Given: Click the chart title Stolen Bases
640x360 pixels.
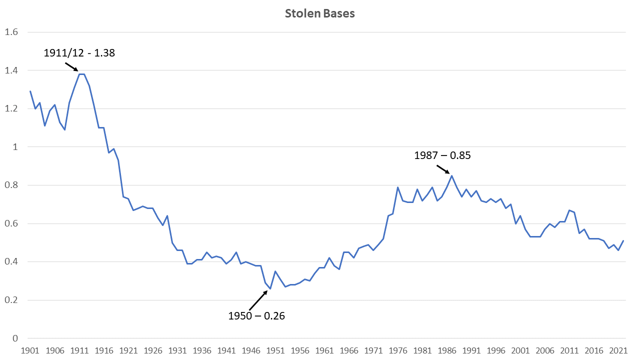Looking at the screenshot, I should coord(320,13).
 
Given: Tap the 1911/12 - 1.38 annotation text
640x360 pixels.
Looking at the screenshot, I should coord(79,52).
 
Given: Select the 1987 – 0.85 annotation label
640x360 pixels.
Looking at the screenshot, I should coord(442,155).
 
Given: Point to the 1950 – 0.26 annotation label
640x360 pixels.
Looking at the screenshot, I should coord(256,315).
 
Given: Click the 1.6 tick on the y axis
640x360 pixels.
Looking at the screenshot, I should coord(11,32).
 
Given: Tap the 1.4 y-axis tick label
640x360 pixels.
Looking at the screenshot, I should coord(11,70).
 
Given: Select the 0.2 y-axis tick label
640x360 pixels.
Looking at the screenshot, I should coord(11,300).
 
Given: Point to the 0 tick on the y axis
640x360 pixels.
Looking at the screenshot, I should coord(15,338).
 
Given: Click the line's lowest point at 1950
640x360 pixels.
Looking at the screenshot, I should coord(270,289).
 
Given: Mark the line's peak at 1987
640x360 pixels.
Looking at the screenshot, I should coord(451,175).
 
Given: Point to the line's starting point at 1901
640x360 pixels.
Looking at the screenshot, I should coord(30,91).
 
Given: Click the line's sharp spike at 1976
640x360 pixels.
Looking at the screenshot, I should coord(397,187).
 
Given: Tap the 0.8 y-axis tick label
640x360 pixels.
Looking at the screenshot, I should coord(11,185).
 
